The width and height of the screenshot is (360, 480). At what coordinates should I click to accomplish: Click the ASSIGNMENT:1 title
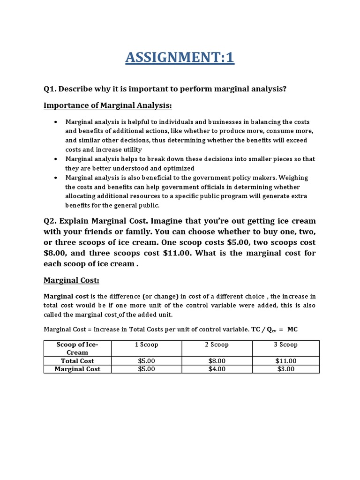pos(180,58)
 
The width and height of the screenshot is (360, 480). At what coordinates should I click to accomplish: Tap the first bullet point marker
pos(56,121)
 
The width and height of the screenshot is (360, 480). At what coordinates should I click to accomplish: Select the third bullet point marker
pos(56,178)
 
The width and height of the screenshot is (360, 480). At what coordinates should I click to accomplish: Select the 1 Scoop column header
pos(146,345)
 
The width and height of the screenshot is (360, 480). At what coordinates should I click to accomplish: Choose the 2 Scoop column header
pos(217,345)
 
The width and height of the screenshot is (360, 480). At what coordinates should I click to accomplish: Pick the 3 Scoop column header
pos(285,345)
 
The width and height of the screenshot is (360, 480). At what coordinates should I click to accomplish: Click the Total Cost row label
pos(77,361)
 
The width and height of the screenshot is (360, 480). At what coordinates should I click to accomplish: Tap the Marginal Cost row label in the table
pos(77,369)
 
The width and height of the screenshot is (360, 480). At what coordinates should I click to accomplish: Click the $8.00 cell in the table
pos(217,361)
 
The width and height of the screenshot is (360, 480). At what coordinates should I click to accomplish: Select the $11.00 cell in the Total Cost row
pos(285,361)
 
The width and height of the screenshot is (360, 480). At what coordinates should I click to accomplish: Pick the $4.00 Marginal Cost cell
pos(217,369)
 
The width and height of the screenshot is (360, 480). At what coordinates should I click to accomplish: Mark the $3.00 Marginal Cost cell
pos(285,369)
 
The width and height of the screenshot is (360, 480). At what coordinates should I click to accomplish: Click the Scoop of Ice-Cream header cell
pos(77,348)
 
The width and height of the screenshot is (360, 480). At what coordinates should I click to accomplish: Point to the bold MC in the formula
pos(292,330)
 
